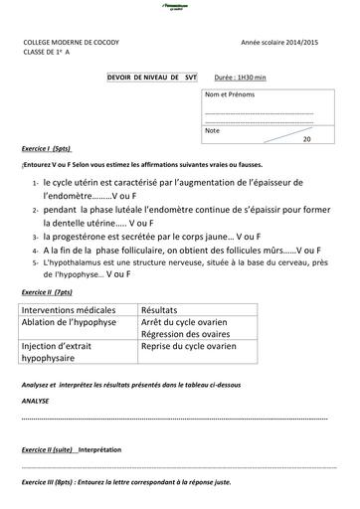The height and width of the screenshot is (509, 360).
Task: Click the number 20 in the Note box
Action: [306, 139]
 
